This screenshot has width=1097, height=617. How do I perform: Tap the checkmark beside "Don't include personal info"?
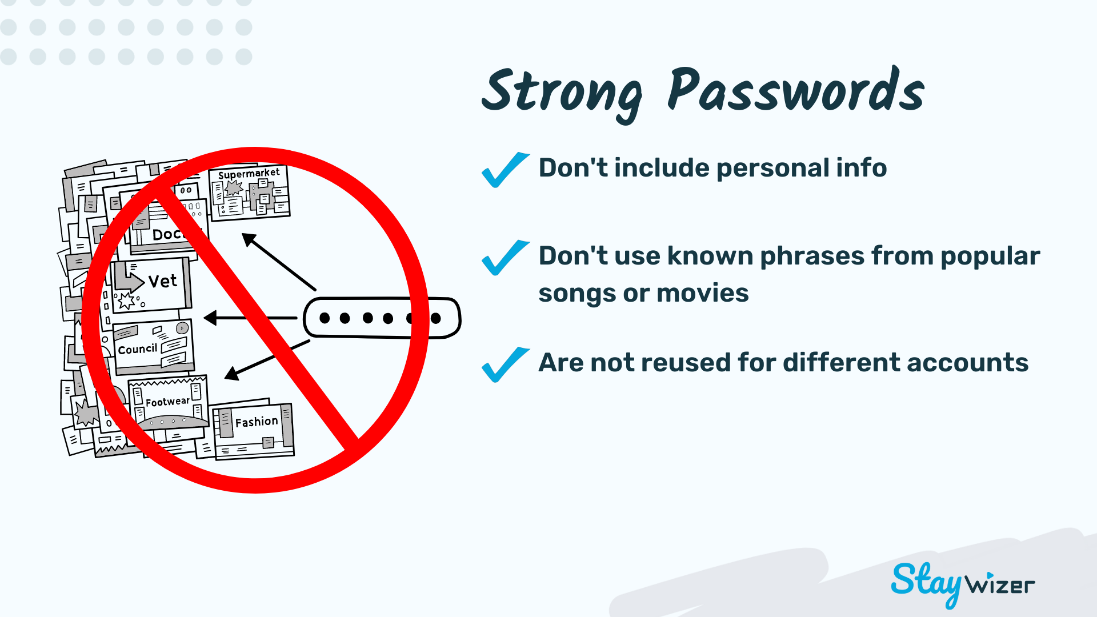coord(505,170)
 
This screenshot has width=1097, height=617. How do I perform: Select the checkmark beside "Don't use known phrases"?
coord(505,258)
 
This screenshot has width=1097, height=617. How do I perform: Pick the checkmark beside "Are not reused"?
coord(505,364)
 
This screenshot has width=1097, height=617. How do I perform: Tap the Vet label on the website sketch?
coord(163,281)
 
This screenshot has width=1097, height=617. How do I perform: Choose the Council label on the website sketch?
coord(137,349)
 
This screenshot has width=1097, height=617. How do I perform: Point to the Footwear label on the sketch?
coord(167,402)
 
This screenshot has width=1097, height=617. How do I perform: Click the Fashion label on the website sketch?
coord(257,422)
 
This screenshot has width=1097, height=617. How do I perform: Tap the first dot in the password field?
coord(325,318)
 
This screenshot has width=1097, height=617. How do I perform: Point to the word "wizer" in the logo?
coord(1000,585)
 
